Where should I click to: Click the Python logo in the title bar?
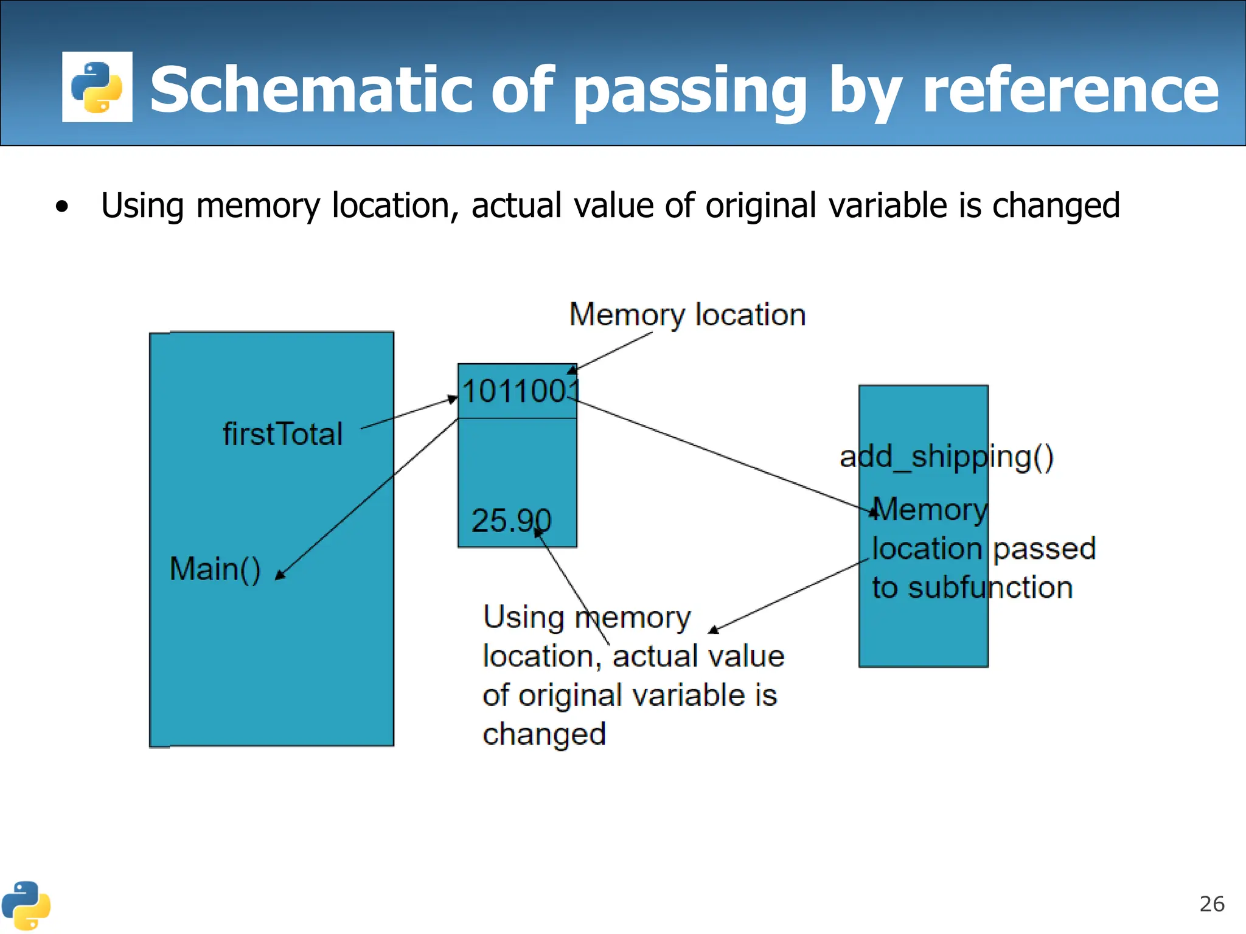coord(97,87)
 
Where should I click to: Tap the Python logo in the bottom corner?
coord(26,905)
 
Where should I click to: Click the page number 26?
coord(1211,904)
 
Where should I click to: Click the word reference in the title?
coord(1070,90)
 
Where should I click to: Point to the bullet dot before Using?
coord(61,207)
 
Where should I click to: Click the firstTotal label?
coord(283,434)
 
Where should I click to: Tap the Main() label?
coord(215,569)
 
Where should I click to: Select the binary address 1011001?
coord(520,391)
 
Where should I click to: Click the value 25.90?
coord(511,521)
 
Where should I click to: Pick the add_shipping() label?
coord(946,457)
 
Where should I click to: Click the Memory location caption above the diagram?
coord(687,315)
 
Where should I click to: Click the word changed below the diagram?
coord(545,735)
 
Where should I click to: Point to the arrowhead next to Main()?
coord(280,575)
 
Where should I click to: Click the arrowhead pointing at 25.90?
coord(538,533)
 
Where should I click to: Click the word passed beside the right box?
coord(1044,548)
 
